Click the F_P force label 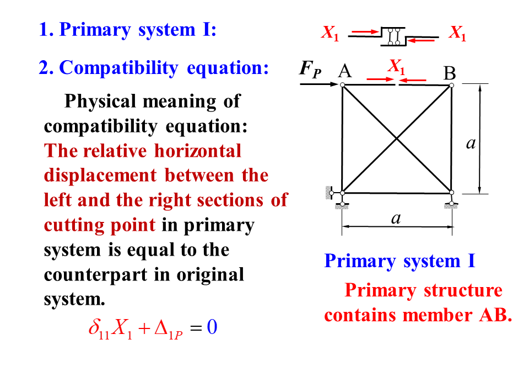(x=310, y=70)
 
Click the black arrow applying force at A (x=320, y=84)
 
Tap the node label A (x=345, y=71)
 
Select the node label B (x=450, y=73)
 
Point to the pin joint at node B (x=451, y=85)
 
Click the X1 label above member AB (x=396, y=67)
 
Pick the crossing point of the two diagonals (x=397, y=139)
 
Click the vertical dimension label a (x=470, y=143)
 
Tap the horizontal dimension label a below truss (x=396, y=218)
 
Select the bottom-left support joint (x=342, y=194)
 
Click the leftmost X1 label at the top (x=330, y=34)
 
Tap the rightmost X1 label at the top (x=457, y=34)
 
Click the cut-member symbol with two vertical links (x=393, y=36)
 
